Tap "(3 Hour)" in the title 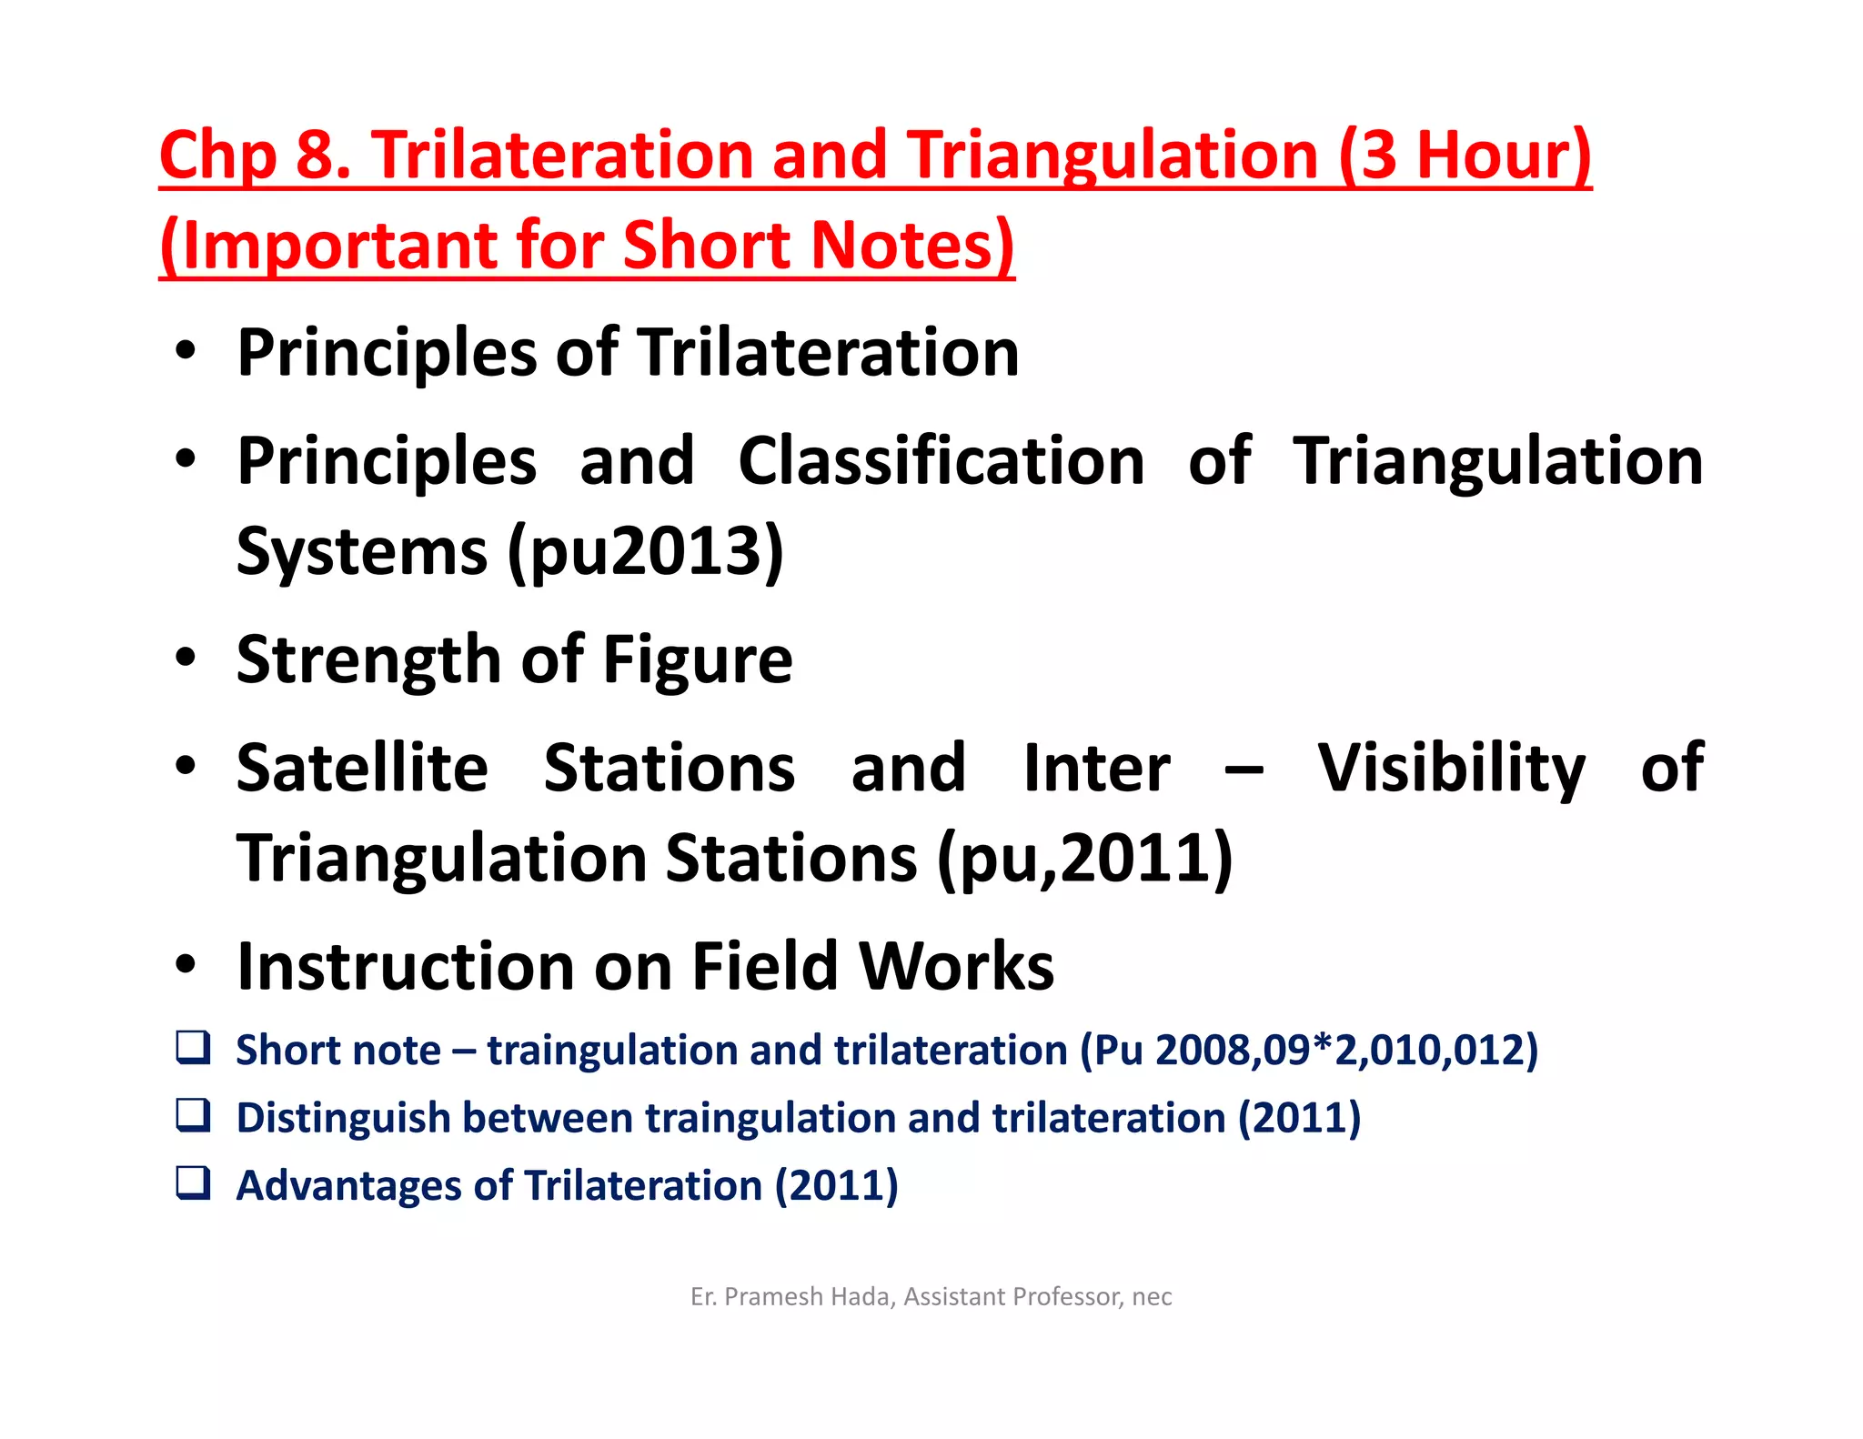point(1465,156)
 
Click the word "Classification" point(941,461)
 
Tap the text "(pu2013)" point(646,551)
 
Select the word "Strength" point(368,659)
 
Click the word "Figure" point(697,659)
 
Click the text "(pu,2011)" point(1084,858)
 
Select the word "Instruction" point(406,966)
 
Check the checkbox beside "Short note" point(193,1048)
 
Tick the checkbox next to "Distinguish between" point(193,1115)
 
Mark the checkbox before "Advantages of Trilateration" point(193,1183)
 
